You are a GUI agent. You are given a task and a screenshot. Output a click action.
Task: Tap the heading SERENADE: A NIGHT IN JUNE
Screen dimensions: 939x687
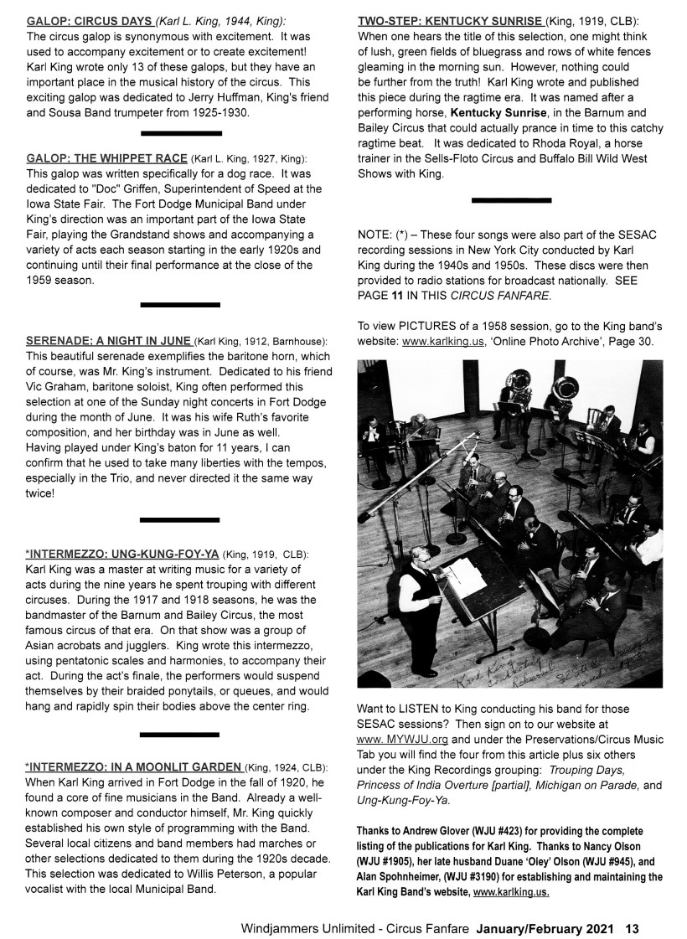pos(109,341)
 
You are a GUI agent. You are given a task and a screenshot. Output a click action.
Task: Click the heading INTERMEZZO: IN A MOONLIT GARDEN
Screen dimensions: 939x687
pos(134,767)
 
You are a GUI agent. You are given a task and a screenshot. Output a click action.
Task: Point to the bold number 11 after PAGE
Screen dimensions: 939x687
pos(397,296)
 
